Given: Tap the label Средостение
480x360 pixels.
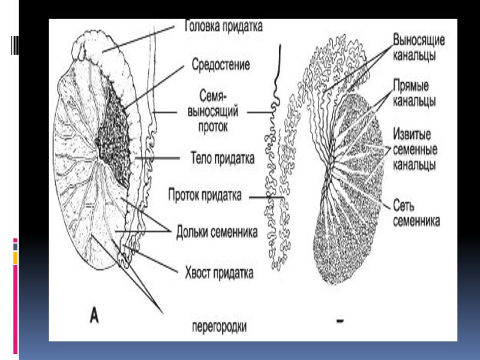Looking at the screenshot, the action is tap(221, 62).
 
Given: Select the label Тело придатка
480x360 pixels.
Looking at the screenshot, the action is tap(219, 158).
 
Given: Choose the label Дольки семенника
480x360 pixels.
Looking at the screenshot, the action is tap(217, 231).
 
